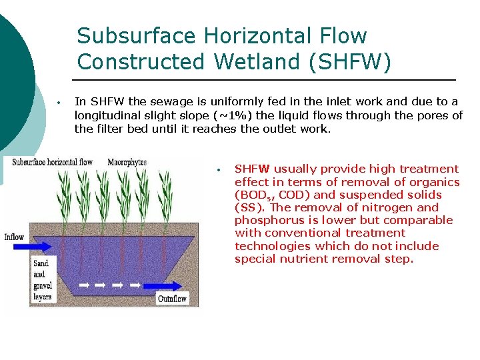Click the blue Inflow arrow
pyautogui.click(x=47, y=245)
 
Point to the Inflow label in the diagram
pyautogui.click(x=14, y=237)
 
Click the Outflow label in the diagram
pyautogui.click(x=173, y=299)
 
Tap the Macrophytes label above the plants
pyautogui.click(x=127, y=163)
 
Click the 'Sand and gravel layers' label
pyautogui.click(x=42, y=280)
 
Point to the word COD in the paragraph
pyautogui.click(x=293, y=195)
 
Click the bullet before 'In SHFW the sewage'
pyautogui.click(x=59, y=103)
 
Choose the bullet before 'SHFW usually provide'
pyautogui.click(x=219, y=169)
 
